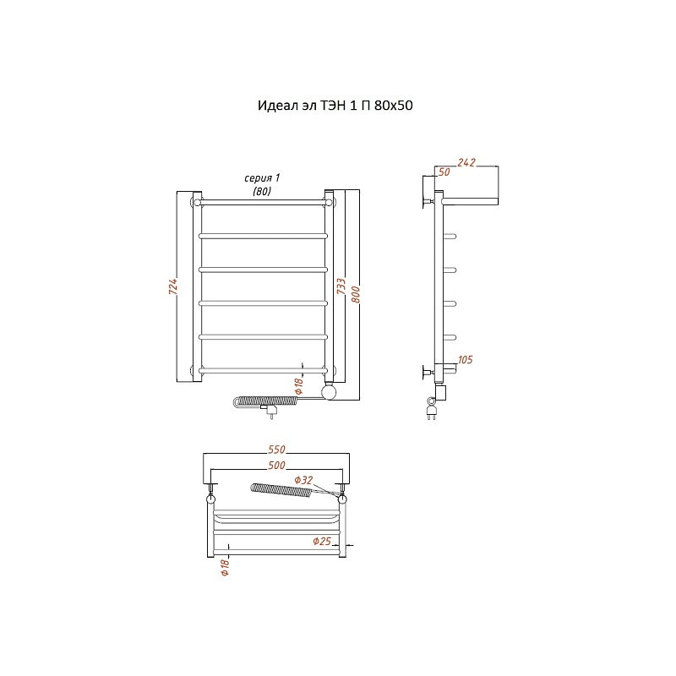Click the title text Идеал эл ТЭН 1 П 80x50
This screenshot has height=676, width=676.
(335, 106)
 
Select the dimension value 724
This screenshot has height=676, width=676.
(173, 286)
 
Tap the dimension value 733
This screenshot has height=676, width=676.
(341, 286)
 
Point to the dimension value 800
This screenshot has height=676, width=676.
(356, 294)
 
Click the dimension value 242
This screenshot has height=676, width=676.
(466, 162)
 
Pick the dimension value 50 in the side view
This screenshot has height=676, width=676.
(444, 172)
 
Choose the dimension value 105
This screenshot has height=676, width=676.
(466, 360)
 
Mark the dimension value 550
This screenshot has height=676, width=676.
(276, 450)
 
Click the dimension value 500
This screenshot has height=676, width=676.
(276, 466)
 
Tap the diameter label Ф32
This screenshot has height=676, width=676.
(303, 480)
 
